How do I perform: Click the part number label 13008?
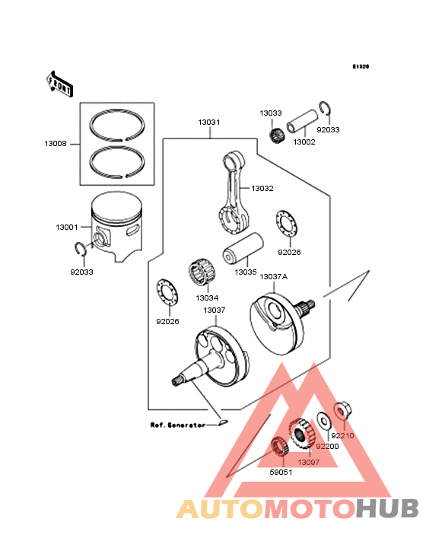tap(56, 142)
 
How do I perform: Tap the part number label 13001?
tap(66, 228)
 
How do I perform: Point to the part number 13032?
tap(262, 188)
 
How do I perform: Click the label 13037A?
tap(274, 276)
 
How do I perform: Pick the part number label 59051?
tap(281, 472)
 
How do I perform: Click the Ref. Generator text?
tap(177, 425)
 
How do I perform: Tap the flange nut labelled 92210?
tap(342, 411)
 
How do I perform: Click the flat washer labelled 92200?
tap(323, 420)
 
